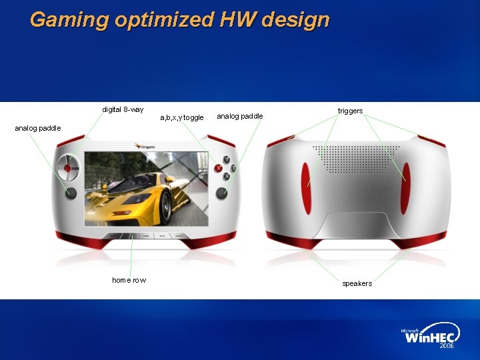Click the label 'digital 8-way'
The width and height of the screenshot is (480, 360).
point(123,109)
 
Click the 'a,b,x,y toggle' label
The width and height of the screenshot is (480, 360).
point(182,118)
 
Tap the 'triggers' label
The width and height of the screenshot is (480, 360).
point(350,111)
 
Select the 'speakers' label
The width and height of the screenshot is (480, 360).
point(357,284)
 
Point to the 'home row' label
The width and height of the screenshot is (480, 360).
point(129,280)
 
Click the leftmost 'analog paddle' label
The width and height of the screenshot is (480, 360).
point(37,128)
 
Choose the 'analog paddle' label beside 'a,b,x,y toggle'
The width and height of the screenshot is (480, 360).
point(240,117)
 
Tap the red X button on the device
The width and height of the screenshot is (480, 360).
point(218,169)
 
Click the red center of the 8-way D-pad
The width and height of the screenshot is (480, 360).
point(67,169)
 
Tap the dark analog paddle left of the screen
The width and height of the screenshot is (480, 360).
point(71,193)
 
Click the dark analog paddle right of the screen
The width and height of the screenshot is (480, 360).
point(221,193)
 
